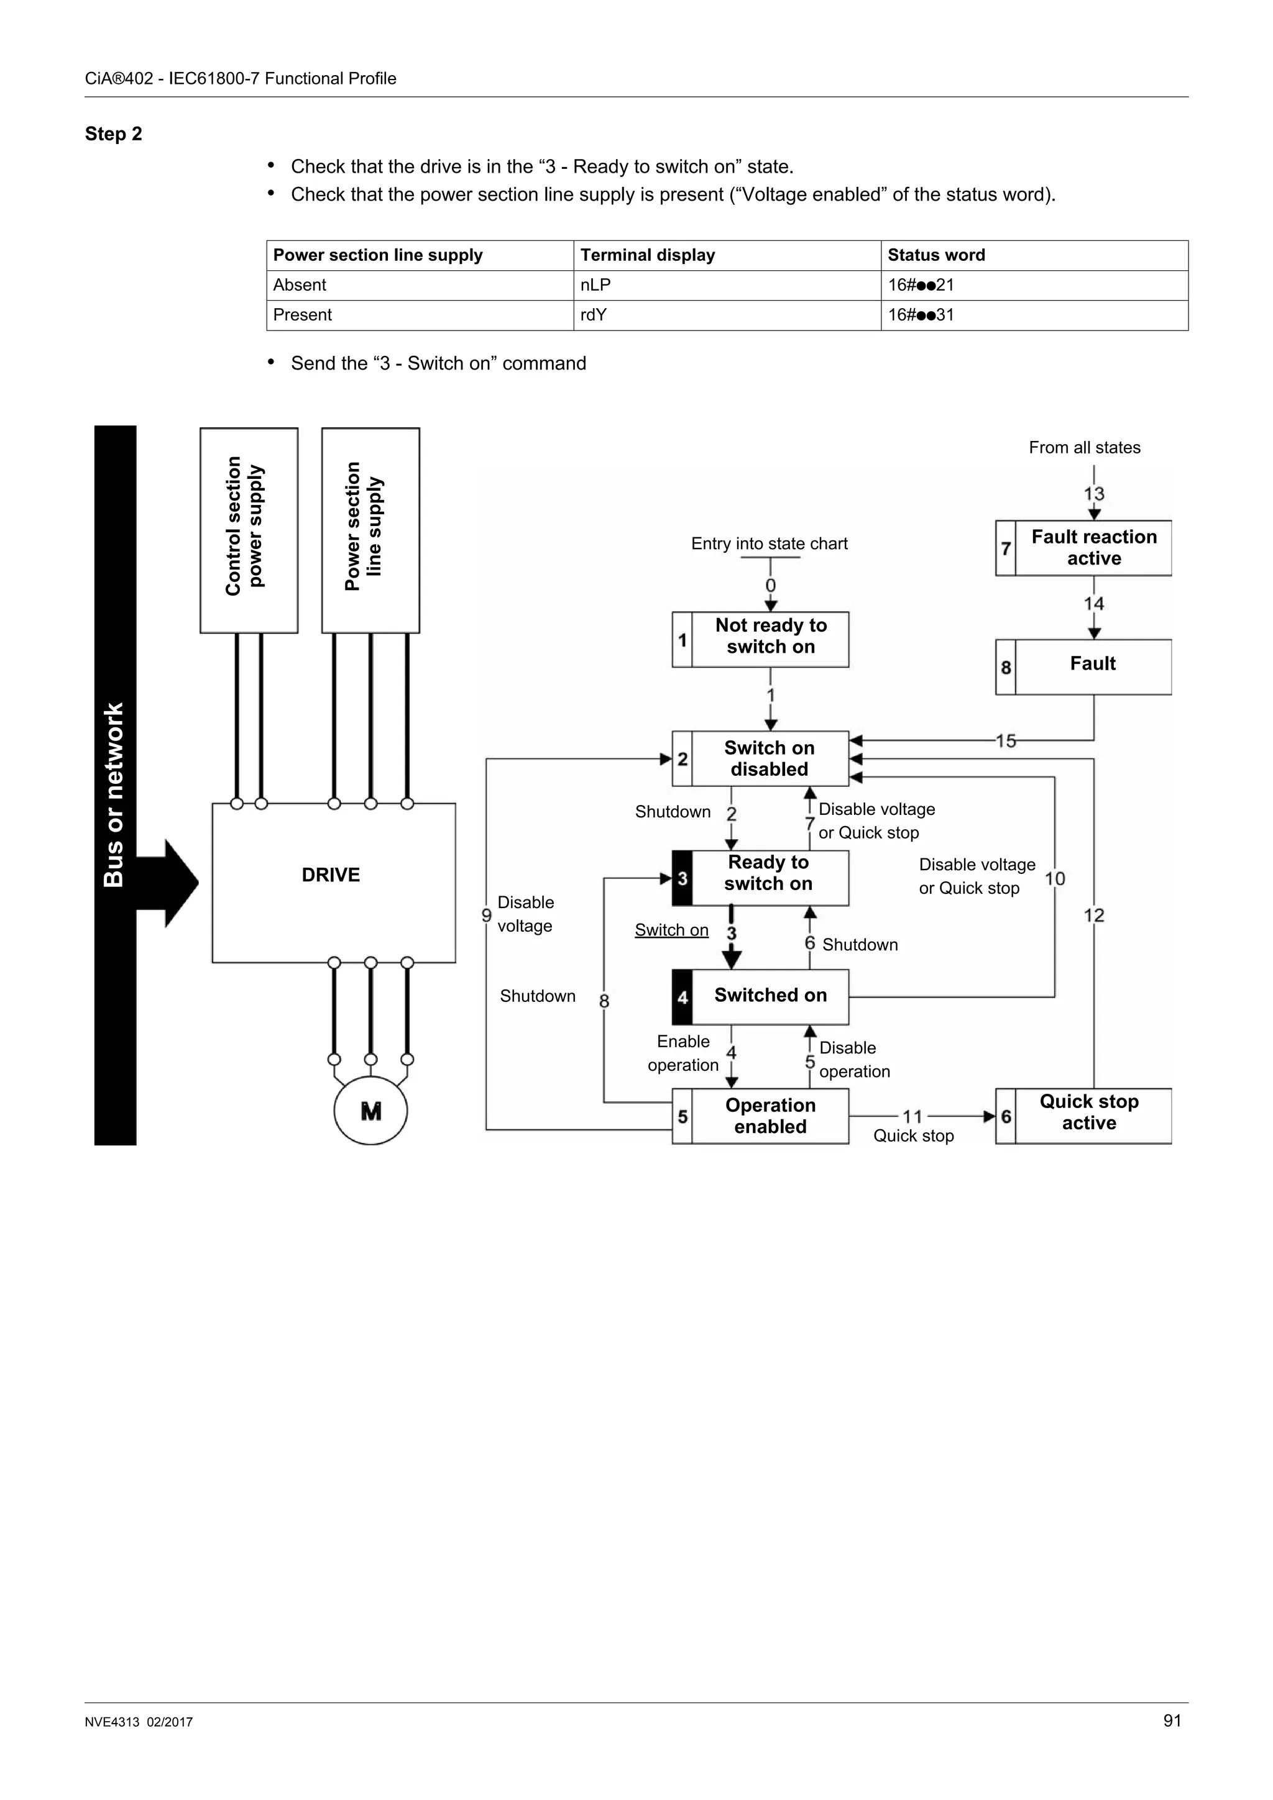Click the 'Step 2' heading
[113, 134]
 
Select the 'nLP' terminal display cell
[595, 285]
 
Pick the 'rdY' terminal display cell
[593, 315]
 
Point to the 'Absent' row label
[300, 285]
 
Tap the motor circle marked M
[370, 1111]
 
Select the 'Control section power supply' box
[248, 530]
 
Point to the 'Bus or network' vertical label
[114, 793]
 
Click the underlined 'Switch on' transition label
[671, 930]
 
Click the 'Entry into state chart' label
[769, 544]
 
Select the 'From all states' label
[1084, 448]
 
